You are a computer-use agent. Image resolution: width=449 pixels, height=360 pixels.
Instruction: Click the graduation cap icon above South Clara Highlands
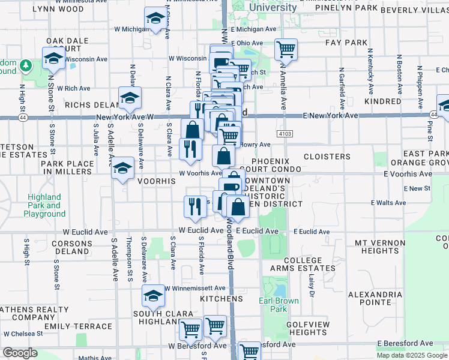pos(154,296)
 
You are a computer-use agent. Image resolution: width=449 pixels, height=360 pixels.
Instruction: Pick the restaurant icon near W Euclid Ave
pos(195,206)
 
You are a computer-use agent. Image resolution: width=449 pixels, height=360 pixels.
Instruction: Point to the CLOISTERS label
pos(327,157)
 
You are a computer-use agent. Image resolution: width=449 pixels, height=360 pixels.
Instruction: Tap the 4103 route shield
pos(285,132)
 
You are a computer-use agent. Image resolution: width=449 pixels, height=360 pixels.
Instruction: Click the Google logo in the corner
pos(20,352)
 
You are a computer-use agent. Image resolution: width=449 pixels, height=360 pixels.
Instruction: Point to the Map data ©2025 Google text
pos(411,355)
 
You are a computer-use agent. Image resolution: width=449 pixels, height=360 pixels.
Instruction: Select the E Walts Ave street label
pos(387,203)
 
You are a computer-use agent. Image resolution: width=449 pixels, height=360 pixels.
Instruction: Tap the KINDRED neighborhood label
pos(382,102)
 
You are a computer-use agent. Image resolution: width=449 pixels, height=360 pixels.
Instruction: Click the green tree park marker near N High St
pos(26,65)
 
